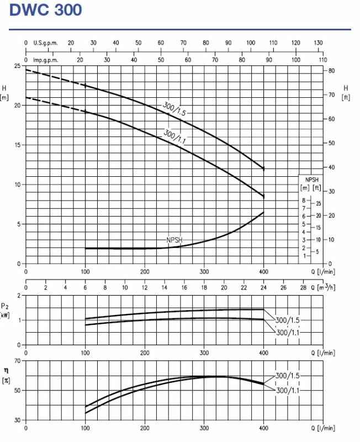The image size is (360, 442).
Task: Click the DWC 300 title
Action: pos(46,9)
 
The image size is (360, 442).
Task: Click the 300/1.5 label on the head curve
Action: pos(174,108)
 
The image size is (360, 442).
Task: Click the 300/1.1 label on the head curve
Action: pos(175,136)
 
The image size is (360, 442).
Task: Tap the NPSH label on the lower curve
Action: pos(174,240)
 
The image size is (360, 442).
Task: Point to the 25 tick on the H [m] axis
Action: pos(18,66)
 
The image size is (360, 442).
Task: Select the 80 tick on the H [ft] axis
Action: pos(331,71)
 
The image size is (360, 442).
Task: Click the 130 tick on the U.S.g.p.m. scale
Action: pos(319,43)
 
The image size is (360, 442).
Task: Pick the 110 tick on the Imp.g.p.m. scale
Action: pos(322,60)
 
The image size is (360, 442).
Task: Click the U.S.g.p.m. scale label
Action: pos(45,43)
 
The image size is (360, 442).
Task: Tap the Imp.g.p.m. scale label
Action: pos(46,60)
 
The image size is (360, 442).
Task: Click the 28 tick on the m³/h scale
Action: pos(303,287)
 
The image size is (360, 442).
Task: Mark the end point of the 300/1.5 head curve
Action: pos(264,168)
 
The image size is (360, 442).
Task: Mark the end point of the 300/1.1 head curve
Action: pos(264,196)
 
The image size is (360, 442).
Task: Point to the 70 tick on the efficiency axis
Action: pos(17,361)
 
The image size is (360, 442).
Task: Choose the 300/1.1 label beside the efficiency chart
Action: pos(289,391)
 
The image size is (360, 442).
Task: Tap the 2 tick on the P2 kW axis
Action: pos(19,296)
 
